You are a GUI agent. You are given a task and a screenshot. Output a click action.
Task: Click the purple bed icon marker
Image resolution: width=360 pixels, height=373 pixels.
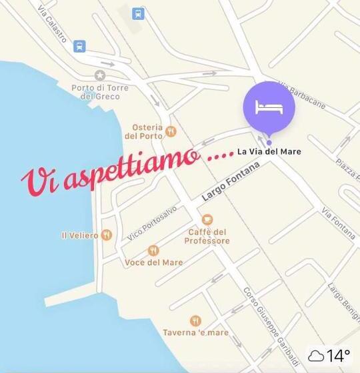(269, 107)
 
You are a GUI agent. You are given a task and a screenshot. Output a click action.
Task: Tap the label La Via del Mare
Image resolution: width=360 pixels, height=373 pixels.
(269, 152)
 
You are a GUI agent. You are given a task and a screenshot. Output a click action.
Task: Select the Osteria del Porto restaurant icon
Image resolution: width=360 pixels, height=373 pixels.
(171, 131)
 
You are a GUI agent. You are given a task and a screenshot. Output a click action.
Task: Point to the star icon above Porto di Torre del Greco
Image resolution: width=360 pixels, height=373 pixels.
(100, 75)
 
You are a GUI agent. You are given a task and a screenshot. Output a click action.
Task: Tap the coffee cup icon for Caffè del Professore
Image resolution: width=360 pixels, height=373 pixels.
(207, 219)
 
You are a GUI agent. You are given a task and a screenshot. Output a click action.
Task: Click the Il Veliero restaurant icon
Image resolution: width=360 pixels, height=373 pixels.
(107, 235)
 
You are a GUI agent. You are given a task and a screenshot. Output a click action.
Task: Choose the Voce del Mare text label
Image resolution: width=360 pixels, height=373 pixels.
(154, 262)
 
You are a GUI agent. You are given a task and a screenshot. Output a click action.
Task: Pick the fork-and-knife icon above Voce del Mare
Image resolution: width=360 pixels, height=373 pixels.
(154, 250)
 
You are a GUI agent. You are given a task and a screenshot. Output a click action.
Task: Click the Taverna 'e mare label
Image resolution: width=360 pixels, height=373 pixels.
(195, 332)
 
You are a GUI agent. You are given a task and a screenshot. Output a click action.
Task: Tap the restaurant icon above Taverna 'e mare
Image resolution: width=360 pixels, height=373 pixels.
(195, 320)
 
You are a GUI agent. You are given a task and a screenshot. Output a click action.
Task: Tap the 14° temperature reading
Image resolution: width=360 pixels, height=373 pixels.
(338, 355)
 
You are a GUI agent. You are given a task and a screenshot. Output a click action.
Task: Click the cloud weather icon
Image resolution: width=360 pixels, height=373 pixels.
(315, 355)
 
